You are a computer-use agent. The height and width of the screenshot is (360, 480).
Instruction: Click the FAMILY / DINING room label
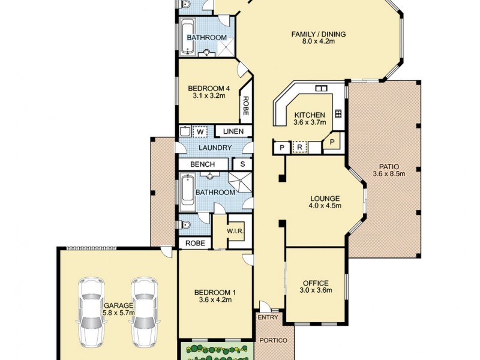319,34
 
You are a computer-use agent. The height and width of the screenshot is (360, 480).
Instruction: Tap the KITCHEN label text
310,115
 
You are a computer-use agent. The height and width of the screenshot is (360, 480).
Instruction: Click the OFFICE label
315,283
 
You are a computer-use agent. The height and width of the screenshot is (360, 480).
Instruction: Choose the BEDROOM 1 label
215,293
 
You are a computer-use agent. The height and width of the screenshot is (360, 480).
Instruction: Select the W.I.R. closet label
234,232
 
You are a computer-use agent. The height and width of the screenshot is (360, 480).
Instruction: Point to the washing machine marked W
200,131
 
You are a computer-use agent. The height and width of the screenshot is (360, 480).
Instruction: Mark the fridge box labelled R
299,146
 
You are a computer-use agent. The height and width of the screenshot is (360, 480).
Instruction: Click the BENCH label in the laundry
203,164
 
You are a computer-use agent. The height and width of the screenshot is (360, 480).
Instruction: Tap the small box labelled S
242,164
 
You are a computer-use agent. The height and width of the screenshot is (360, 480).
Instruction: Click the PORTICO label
274,341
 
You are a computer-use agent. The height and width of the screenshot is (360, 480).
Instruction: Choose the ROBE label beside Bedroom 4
245,107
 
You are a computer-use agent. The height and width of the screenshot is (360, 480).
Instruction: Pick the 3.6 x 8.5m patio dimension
389,174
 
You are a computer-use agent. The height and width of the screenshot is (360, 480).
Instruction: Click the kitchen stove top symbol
338,113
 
